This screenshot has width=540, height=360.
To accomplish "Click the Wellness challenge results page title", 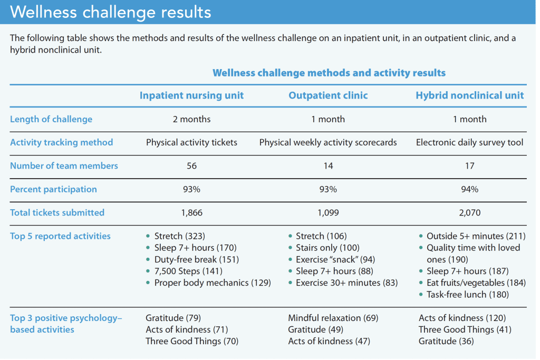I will [x=110, y=12].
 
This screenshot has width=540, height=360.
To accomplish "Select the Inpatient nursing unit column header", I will [x=191, y=95].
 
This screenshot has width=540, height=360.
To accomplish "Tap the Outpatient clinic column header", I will [x=328, y=95].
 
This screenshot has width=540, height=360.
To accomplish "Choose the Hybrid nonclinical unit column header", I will [x=469, y=95].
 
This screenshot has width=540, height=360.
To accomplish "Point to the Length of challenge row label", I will [x=51, y=119].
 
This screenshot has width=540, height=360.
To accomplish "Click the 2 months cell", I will [x=191, y=119].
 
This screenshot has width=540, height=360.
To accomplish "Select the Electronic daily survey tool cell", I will [x=469, y=142].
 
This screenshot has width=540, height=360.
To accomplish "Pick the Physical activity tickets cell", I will [x=191, y=142].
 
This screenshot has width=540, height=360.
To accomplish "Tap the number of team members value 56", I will [x=191, y=166].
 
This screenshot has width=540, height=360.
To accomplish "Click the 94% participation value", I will [x=469, y=189].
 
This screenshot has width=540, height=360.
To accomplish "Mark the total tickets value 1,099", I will [x=328, y=212].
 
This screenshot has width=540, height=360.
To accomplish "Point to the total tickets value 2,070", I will [x=469, y=212].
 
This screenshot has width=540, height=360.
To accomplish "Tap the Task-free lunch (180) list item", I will [x=468, y=295].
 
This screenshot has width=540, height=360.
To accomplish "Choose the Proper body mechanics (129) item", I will [x=213, y=283].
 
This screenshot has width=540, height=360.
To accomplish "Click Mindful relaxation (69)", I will [x=333, y=318].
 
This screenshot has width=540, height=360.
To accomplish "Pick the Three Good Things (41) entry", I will [x=465, y=329].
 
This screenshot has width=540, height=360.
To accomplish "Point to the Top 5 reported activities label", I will [x=60, y=236].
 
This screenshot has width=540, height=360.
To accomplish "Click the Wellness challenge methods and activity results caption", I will [x=329, y=73].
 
